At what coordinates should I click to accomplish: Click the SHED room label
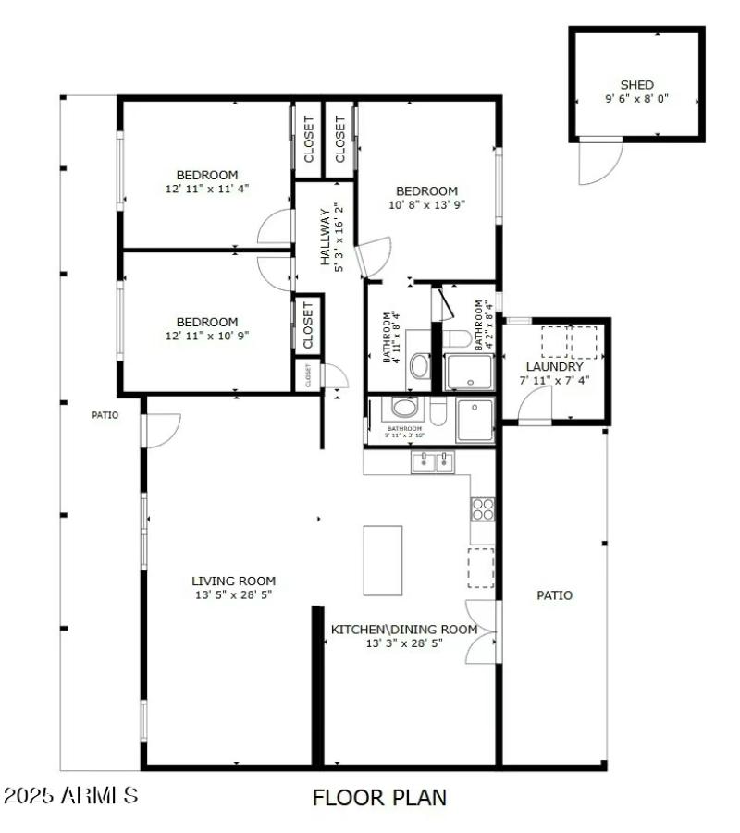point(636,85)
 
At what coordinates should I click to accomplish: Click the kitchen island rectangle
point(382,560)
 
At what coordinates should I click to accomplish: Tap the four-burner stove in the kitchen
point(483,508)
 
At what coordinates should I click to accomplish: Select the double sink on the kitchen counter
point(433,461)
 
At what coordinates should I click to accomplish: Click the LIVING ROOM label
point(233,581)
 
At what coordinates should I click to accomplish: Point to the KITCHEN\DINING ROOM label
point(404,630)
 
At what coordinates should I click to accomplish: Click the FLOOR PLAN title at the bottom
point(379,797)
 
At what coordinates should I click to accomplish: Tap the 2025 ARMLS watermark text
point(71,795)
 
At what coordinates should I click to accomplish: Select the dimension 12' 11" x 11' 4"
point(207,188)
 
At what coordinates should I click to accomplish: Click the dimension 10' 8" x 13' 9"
point(425,204)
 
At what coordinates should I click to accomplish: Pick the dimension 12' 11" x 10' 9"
point(207,336)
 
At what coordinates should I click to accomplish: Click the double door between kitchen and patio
point(483,632)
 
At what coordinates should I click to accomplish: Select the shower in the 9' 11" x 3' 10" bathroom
point(475,420)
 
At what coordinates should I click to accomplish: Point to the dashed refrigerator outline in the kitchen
point(480,567)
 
